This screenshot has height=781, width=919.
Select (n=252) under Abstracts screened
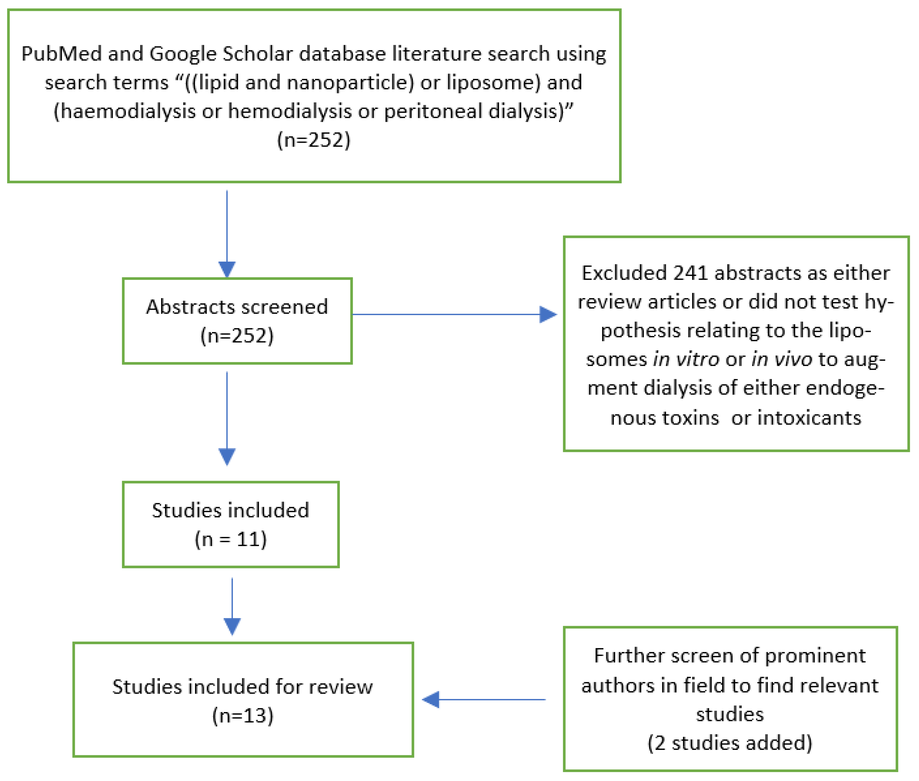tap(237, 335)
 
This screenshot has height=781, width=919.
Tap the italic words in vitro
tap(686, 359)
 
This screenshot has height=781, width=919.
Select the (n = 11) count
tap(231, 539)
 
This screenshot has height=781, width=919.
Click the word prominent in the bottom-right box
tap(815, 656)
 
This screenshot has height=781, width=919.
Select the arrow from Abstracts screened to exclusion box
tap(454, 314)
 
